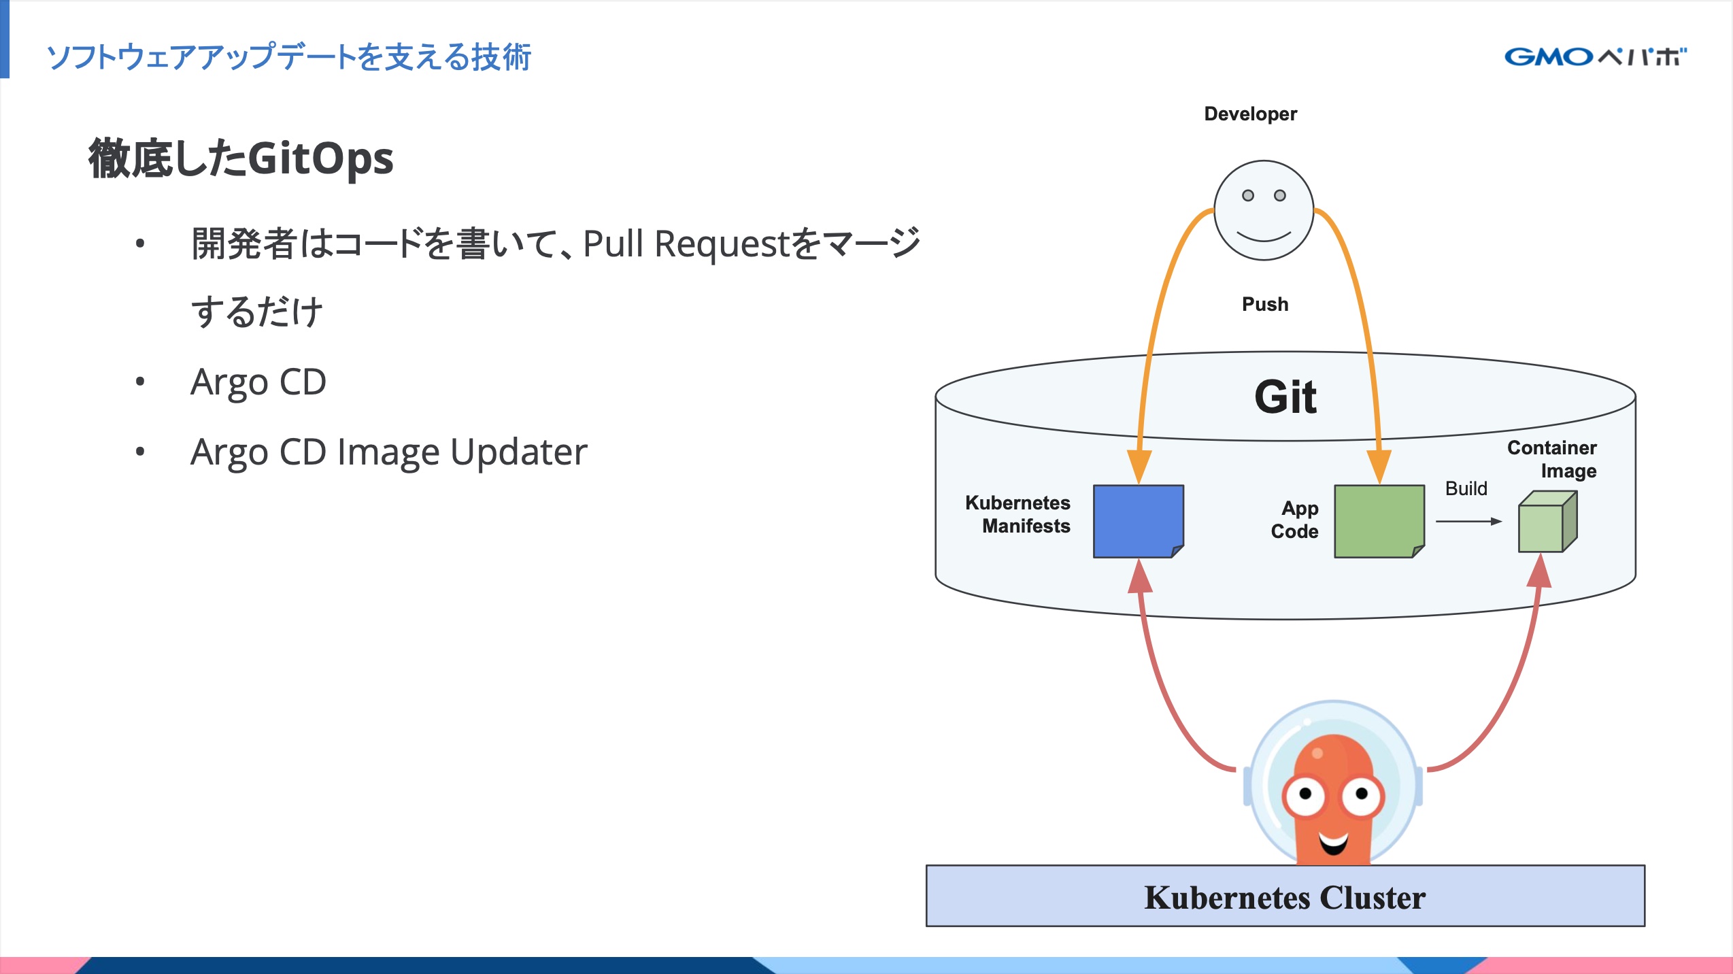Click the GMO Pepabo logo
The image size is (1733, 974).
point(1594,56)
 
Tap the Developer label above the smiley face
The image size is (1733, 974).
point(1250,114)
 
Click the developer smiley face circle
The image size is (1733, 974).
point(1264,210)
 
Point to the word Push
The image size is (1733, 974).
point(1264,304)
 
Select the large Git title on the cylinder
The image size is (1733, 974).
point(1285,397)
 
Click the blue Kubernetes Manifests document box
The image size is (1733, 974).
point(1138,521)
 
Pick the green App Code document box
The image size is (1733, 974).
point(1379,521)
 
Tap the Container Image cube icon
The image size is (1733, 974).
point(1547,522)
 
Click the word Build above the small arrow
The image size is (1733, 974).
point(1466,488)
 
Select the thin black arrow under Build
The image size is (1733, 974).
point(1468,522)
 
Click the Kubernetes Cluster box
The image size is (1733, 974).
point(1285,896)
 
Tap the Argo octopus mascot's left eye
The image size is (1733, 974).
point(1305,794)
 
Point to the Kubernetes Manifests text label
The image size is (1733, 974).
point(1018,514)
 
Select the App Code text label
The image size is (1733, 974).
point(1295,520)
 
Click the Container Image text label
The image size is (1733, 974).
point(1552,459)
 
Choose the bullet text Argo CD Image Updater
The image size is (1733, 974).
point(388,452)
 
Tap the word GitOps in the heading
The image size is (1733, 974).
point(320,158)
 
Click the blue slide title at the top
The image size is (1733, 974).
point(288,56)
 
